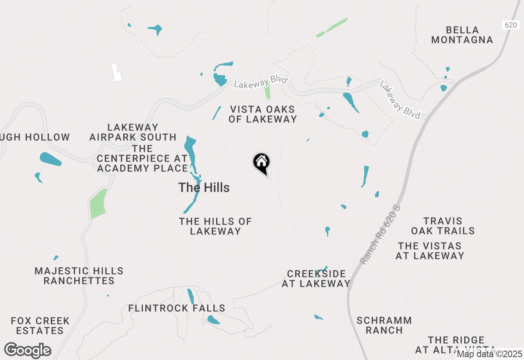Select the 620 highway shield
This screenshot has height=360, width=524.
coord(510,25)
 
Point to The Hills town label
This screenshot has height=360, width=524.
coord(204,188)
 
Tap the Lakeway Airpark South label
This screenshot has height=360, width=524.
coord(133,132)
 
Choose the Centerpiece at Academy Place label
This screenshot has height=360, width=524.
coord(142,158)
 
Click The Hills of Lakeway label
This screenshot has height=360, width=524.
coord(215,226)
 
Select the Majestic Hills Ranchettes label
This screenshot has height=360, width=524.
coord(79,276)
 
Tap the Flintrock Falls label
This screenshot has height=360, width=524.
coord(177,308)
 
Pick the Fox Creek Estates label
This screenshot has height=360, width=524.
coord(40,326)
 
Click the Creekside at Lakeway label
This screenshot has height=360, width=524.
coord(316,279)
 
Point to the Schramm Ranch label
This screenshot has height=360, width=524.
coord(384,325)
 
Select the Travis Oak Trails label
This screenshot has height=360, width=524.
coord(443,226)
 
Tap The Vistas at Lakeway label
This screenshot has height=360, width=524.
coord(430,251)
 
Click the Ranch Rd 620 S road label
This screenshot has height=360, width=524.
coord(381,234)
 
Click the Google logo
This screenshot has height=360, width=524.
coord(28,351)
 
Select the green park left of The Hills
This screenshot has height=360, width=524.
coord(98,204)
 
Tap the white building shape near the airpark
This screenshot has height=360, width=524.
coord(117,72)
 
